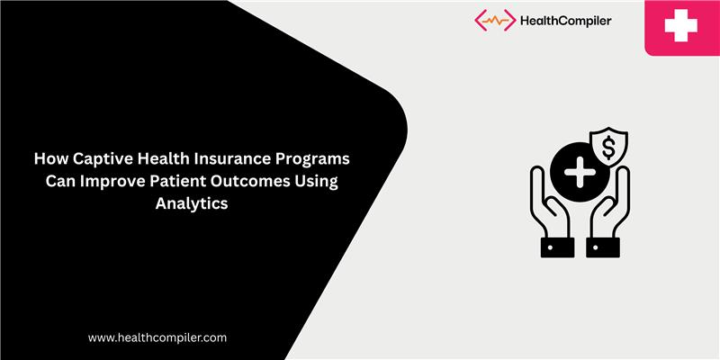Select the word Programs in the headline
click(x=314, y=158)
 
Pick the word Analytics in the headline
click(x=191, y=203)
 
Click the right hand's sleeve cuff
click(x=602, y=246)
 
